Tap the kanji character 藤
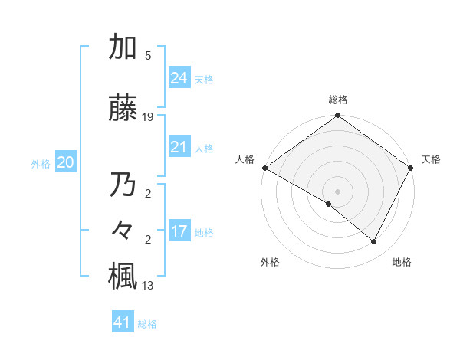[123, 110]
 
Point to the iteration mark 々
[123, 231]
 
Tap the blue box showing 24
[179, 78]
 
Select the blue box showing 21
[179, 148]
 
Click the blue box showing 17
[179, 231]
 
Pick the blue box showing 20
[65, 162]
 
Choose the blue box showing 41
[122, 322]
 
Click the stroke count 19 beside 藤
[148, 117]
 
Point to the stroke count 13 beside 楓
[148, 286]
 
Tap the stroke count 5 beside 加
[148, 56]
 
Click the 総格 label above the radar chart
[338, 100]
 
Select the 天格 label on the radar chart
[431, 159]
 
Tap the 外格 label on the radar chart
[269, 262]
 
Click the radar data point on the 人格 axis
[264, 168]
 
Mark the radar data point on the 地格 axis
[374, 242]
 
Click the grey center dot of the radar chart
[337, 191]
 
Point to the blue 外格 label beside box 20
[40, 163]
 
